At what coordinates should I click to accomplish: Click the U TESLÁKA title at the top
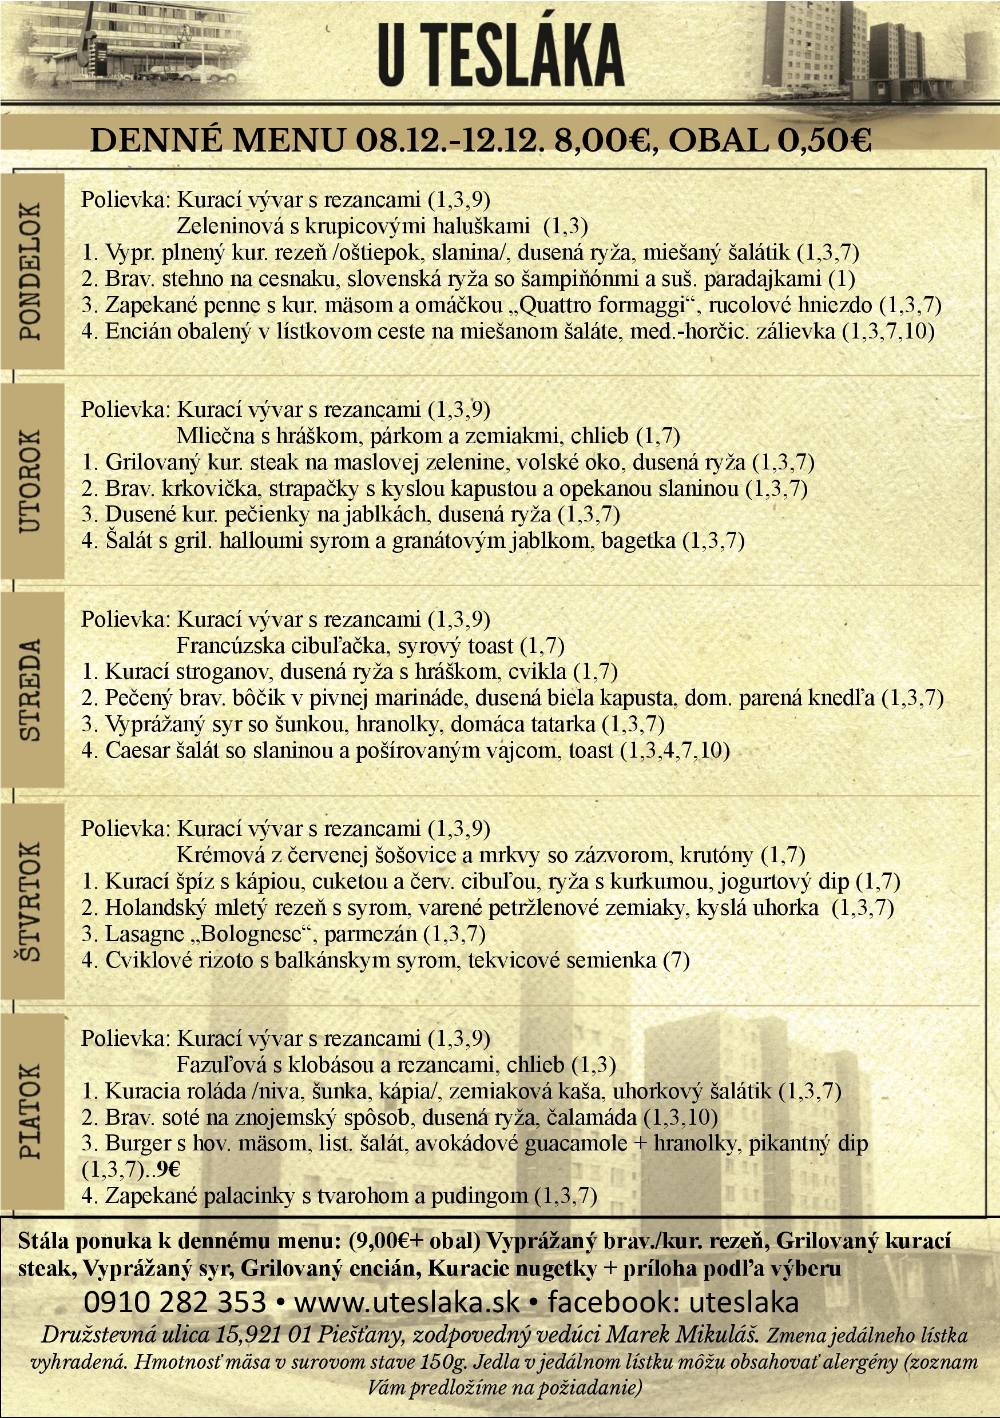501,55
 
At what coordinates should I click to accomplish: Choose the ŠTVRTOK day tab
31,900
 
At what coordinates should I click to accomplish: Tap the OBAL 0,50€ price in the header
769,141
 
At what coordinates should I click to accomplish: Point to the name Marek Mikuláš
682,1335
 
